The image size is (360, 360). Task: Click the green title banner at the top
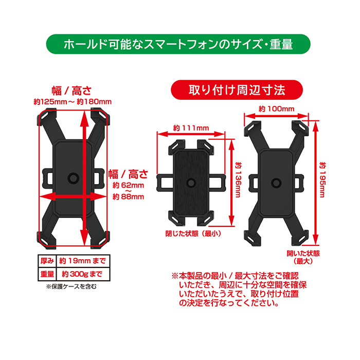(x=178, y=44)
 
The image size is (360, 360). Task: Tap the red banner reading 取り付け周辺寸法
(x=237, y=90)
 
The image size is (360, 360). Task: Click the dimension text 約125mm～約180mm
(x=73, y=102)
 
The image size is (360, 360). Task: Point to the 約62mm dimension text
(x=129, y=185)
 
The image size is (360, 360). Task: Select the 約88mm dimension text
(x=129, y=197)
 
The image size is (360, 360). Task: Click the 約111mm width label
(x=191, y=128)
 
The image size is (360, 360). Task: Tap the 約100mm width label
(x=277, y=109)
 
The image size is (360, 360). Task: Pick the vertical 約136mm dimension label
(x=238, y=180)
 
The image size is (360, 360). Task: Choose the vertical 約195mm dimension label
(x=322, y=180)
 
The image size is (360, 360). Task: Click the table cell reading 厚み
(x=47, y=261)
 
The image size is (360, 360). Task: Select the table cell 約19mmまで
(x=83, y=261)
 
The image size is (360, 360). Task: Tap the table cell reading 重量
(x=47, y=274)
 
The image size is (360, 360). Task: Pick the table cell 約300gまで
(x=82, y=274)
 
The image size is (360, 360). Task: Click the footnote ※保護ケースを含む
(x=71, y=286)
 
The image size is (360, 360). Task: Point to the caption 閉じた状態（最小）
(x=193, y=233)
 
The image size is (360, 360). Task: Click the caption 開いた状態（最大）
(x=303, y=257)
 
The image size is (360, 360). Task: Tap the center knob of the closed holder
(x=191, y=183)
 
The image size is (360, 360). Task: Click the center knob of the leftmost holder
(x=73, y=178)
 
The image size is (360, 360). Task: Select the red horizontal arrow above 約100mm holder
(x=276, y=116)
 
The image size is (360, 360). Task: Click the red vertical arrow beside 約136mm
(x=231, y=183)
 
